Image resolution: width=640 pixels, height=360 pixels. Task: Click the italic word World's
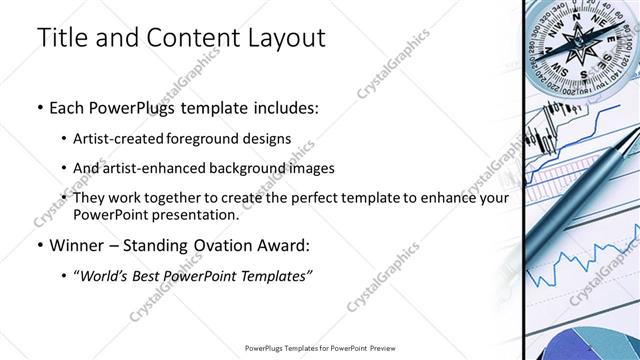pos(108,275)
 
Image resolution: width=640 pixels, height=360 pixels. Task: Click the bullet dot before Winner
pos(39,246)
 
